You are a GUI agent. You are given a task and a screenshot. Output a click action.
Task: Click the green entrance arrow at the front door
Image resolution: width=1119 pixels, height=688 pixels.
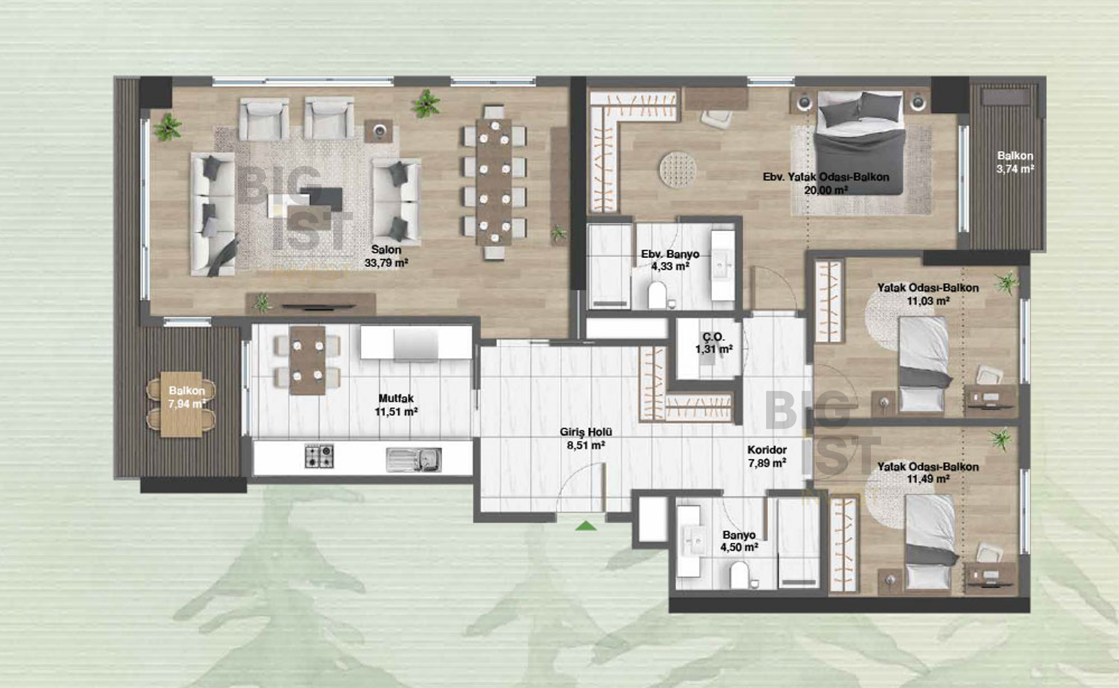(x=586, y=525)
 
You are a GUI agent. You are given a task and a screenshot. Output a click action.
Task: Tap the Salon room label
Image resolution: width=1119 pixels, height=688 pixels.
(x=386, y=250)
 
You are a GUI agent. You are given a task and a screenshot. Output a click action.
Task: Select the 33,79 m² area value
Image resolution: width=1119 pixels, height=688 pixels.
(x=386, y=264)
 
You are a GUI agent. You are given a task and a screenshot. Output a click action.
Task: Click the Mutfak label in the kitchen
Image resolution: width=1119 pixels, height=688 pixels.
(x=396, y=398)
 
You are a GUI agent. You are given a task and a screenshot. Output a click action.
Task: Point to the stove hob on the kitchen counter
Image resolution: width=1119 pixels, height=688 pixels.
(x=319, y=457)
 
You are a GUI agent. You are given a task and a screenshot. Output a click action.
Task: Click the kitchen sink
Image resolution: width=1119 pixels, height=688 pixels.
(x=414, y=459)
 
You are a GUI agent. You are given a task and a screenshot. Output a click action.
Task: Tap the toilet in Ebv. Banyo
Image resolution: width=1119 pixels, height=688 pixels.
(x=657, y=295)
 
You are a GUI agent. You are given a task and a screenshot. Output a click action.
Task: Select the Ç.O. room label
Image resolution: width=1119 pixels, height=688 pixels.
(x=713, y=337)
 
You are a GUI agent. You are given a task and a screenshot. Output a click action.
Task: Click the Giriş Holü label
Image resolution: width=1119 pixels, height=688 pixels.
(x=586, y=432)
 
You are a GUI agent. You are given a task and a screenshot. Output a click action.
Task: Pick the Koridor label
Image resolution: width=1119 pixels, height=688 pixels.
(x=767, y=450)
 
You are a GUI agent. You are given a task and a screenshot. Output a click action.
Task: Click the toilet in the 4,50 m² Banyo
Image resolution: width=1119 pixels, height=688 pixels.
(x=740, y=575)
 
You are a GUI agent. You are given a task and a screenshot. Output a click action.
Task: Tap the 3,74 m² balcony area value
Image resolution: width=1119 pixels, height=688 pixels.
(x=1016, y=169)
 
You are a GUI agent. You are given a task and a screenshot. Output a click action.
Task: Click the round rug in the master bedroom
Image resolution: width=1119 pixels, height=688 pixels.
(x=678, y=169)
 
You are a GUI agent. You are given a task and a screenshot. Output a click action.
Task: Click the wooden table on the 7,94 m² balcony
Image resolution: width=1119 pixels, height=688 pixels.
(x=181, y=404)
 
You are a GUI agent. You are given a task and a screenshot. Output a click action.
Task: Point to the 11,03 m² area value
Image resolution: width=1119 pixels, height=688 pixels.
(x=928, y=301)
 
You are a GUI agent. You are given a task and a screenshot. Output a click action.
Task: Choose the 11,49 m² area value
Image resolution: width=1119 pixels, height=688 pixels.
(x=928, y=479)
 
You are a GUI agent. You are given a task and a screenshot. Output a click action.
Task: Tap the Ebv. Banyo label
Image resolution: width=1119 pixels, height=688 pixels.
(x=670, y=254)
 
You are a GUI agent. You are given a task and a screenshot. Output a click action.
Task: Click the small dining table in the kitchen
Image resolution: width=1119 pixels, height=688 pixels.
(x=307, y=360)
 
